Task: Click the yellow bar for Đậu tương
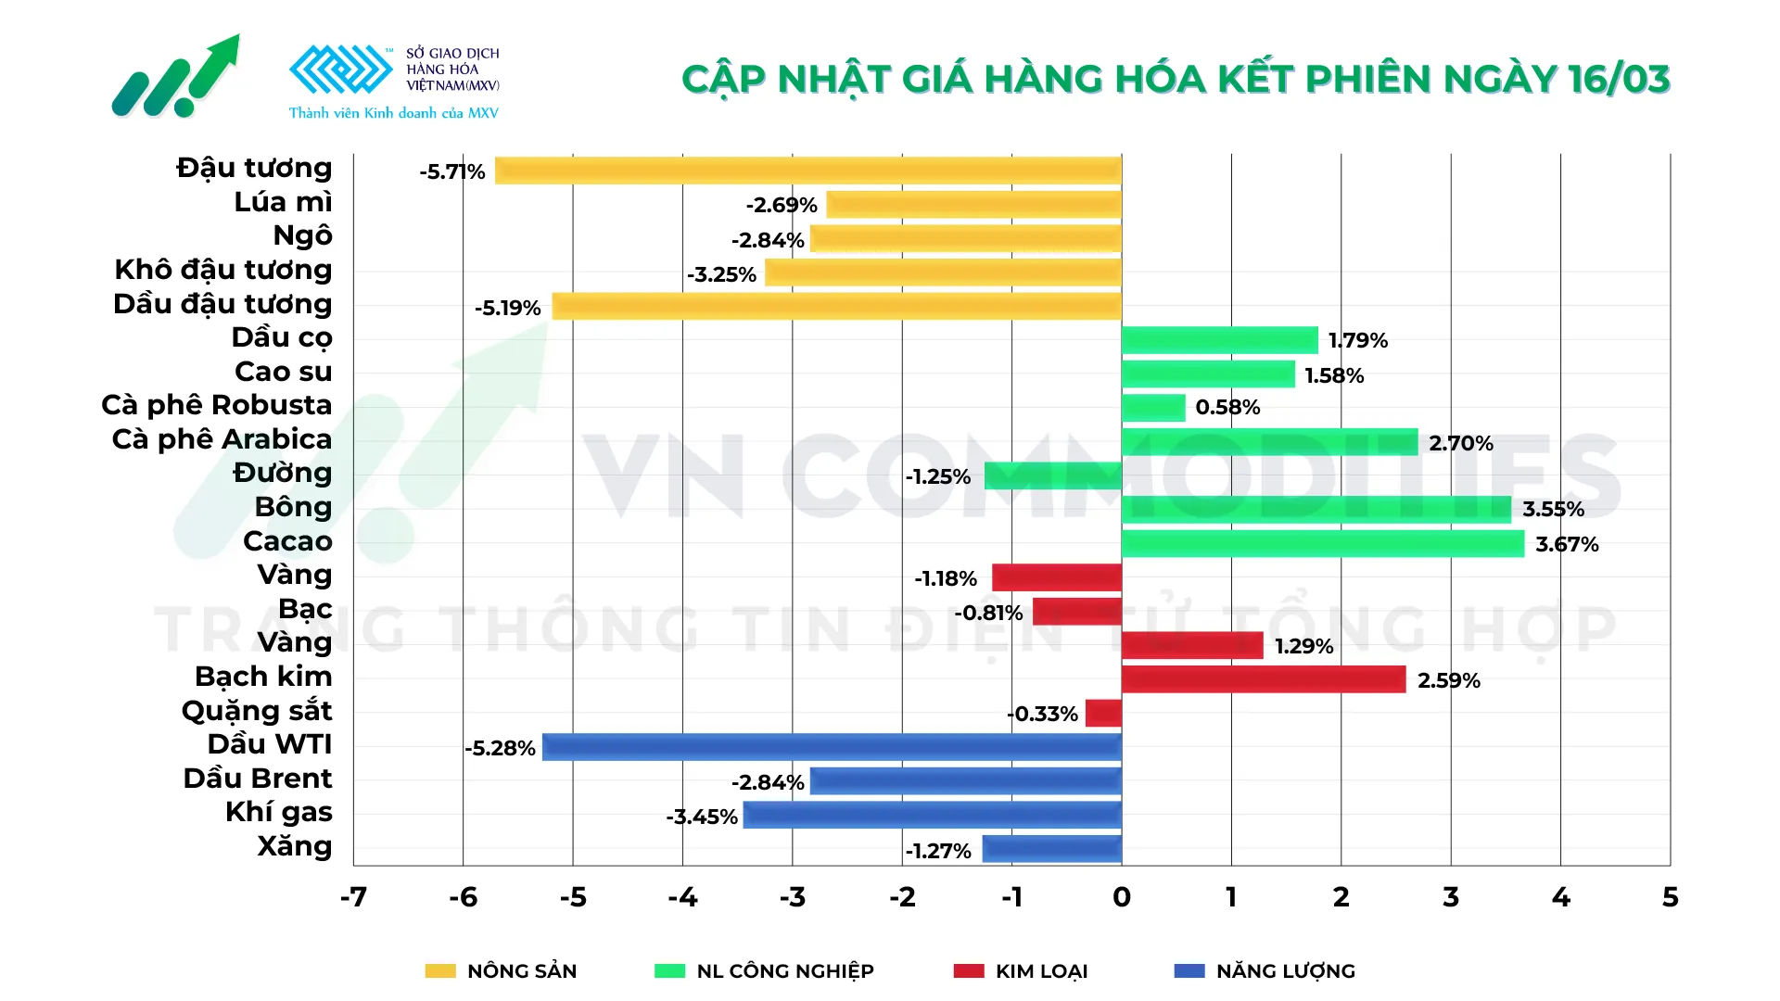[807, 171]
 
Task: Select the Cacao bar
[1322, 543]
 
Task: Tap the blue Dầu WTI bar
[832, 747]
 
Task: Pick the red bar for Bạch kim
[1263, 679]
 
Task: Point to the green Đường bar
[1052, 475]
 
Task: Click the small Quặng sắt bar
[1103, 713]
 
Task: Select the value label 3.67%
[1567, 544]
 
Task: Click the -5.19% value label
[507, 308]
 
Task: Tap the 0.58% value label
[1227, 408]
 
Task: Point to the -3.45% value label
[702, 817]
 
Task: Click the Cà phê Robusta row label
[217, 405]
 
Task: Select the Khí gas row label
[278, 812]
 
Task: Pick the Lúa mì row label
[283, 202]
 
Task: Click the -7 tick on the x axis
[353, 897]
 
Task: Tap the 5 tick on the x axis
[1670, 897]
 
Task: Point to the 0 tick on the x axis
[1122, 897]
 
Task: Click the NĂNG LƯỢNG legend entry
[1285, 971]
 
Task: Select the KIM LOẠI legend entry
[1041, 971]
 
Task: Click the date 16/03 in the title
[1619, 80]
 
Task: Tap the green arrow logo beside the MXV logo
[176, 78]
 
